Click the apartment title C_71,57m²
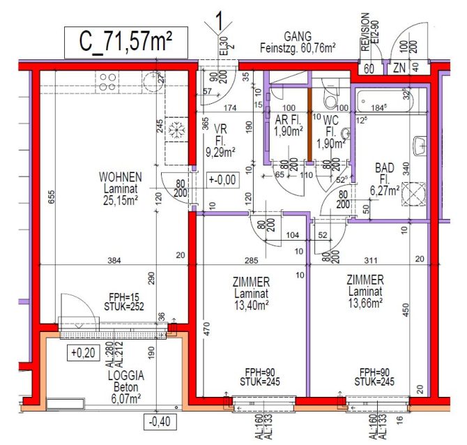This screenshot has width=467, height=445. tap(126, 42)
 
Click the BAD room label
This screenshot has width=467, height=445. tap(384, 167)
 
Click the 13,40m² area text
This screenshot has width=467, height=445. tap(252, 304)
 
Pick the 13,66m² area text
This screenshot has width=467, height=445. tap(365, 303)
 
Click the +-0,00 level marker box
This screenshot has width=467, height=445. tap(222, 180)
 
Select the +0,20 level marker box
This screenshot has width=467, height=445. tap(82, 353)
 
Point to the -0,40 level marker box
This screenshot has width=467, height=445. tap(160, 421)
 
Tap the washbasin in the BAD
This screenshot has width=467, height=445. tap(419, 146)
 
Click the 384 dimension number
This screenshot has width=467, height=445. tap(114, 261)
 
